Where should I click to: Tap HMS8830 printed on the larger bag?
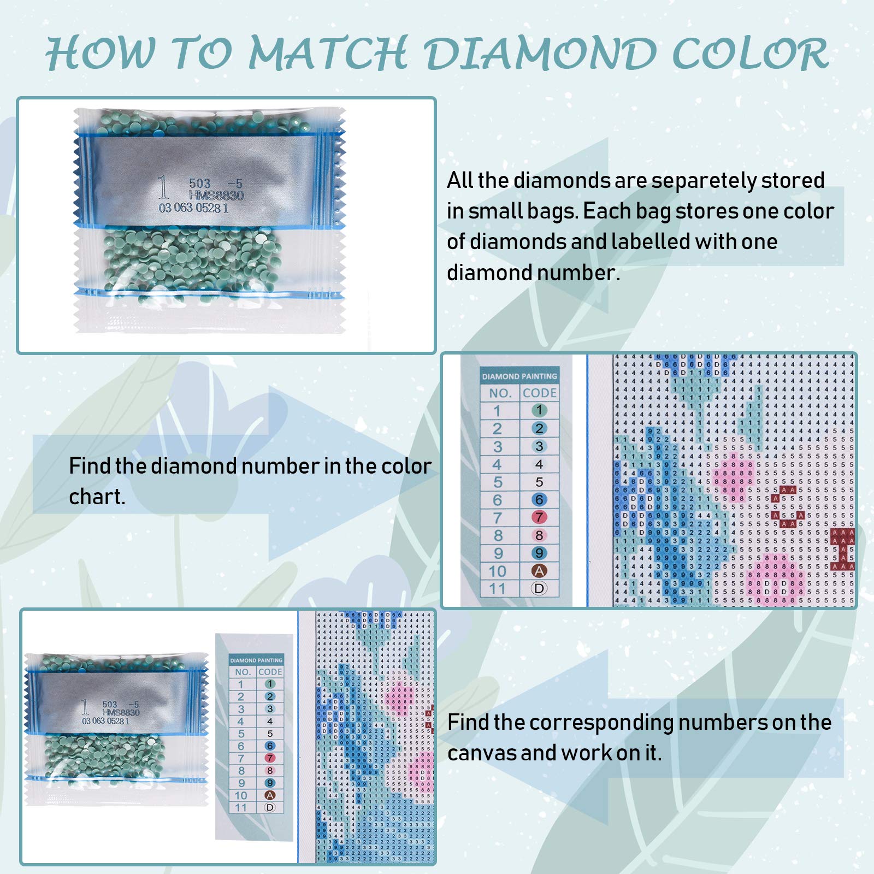coord(216,196)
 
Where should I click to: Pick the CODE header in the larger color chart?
coord(539,393)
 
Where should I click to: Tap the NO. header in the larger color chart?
coord(500,393)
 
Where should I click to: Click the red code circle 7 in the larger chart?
coord(539,517)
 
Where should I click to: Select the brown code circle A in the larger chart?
coord(539,571)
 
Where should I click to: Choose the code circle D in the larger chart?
coord(539,589)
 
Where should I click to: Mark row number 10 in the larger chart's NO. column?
coord(497,571)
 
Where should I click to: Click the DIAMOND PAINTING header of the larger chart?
coord(519,376)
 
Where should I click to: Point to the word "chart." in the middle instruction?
coord(97,497)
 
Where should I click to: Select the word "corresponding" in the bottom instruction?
coord(601,723)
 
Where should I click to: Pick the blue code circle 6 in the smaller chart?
coord(270,746)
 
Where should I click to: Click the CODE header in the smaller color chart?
coord(270,672)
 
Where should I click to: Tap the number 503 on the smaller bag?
coord(110,705)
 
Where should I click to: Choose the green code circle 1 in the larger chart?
coord(539,410)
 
